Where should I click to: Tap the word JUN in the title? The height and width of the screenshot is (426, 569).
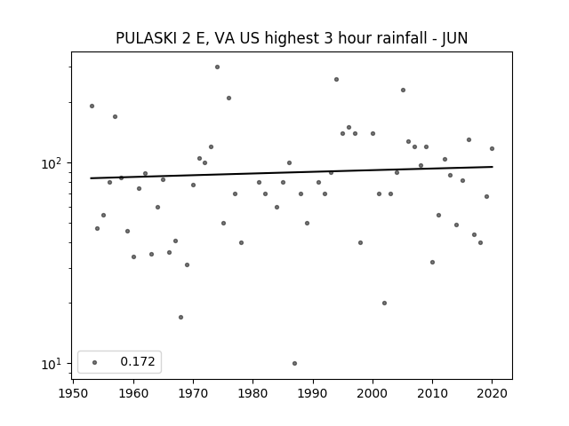[x=454, y=38]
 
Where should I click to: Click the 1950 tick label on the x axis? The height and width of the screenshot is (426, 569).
[x=73, y=393]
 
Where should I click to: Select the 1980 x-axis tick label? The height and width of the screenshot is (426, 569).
[x=252, y=393]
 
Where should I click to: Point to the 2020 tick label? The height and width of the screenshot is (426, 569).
[x=492, y=393]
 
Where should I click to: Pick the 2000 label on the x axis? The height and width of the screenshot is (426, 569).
[x=373, y=393]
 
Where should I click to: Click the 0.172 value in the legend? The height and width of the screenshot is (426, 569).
[x=138, y=361]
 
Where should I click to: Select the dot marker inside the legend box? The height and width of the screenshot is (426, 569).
[x=95, y=362]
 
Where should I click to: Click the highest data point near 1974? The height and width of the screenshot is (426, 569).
[x=217, y=67]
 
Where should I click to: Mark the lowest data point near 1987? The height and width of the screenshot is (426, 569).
[x=294, y=363]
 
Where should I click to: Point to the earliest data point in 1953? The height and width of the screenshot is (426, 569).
[x=92, y=106]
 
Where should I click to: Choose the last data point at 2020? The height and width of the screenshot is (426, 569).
[x=492, y=148]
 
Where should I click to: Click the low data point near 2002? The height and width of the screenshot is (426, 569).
[x=384, y=303]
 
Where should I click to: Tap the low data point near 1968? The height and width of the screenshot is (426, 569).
[x=180, y=318]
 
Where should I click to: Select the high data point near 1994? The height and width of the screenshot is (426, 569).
[x=336, y=79]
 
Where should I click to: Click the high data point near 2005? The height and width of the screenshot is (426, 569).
[x=403, y=91]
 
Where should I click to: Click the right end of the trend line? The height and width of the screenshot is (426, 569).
[x=493, y=167]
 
